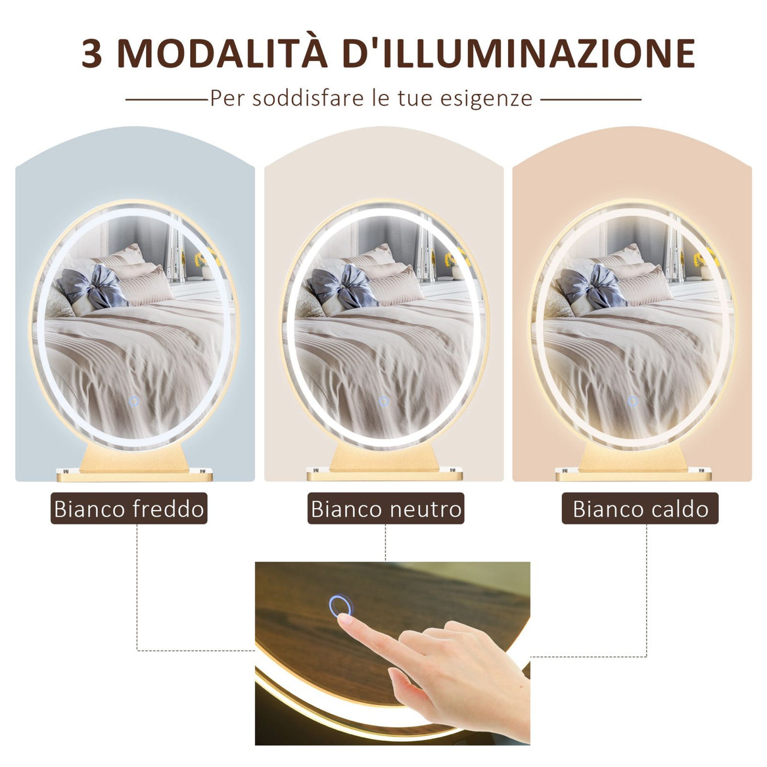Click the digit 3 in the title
[x=92, y=54]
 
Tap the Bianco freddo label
[x=129, y=509]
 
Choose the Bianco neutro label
[x=386, y=509]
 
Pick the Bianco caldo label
[x=640, y=509]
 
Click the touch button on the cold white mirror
[x=133, y=401]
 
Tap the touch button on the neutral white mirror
[x=383, y=401]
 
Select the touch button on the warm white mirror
[x=632, y=401]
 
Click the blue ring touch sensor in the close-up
[x=340, y=606]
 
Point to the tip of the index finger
[x=345, y=619]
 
